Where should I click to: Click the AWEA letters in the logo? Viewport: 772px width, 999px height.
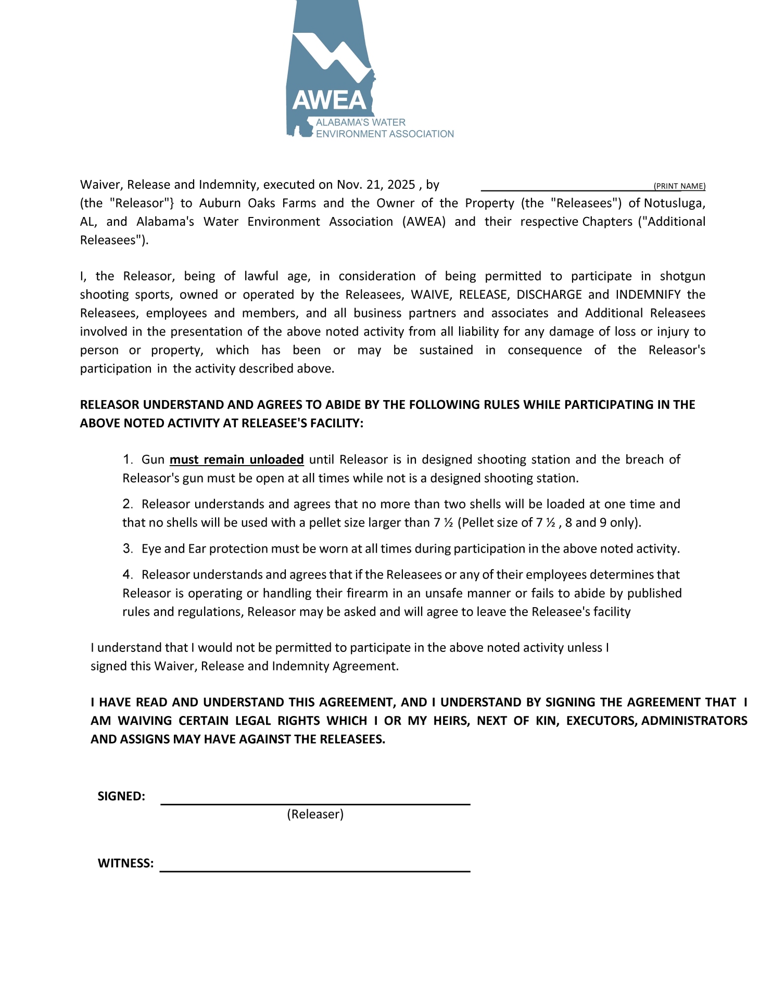(329, 100)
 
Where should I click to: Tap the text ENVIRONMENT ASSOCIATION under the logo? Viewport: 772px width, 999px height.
(385, 134)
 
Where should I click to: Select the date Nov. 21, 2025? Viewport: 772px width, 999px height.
(376, 185)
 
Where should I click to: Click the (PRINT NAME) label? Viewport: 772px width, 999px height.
(679, 186)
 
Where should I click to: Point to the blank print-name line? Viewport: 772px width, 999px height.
(566, 188)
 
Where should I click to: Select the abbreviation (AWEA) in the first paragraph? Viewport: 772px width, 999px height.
(424, 222)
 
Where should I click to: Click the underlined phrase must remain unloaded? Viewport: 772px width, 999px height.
(237, 460)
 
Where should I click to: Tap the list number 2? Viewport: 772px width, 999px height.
(128, 504)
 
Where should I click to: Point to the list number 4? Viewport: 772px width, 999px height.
(128, 575)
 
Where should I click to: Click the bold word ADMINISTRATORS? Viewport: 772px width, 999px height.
(694, 721)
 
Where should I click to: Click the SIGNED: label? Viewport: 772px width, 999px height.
(121, 797)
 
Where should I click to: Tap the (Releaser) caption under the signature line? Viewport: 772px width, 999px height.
(315, 814)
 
